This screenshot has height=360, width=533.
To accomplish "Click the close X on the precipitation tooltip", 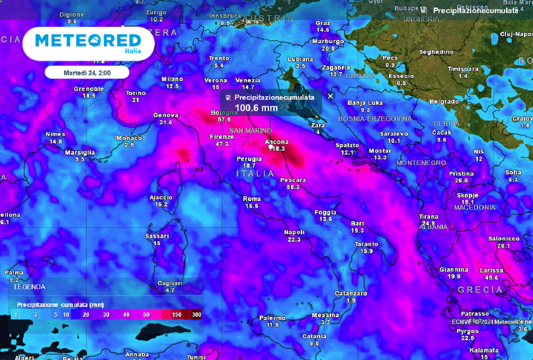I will click(x=331, y=96).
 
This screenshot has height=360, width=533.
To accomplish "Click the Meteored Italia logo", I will click(x=88, y=43).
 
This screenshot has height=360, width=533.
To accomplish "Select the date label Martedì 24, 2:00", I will click(x=87, y=72).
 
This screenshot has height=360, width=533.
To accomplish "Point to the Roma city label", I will click(x=252, y=199).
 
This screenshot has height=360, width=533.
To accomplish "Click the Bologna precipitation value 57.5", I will click(x=224, y=119).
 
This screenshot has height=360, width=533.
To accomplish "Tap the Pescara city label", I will click(x=293, y=180).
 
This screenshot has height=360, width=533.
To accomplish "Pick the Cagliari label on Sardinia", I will click(x=170, y=283).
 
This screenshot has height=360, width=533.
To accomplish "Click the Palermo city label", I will click(x=272, y=318).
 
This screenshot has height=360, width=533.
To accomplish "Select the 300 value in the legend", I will click(x=197, y=315).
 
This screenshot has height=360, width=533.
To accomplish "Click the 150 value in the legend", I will click(x=176, y=315).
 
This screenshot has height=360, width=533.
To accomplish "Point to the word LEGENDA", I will click(x=30, y=287).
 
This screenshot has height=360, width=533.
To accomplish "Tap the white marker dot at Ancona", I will click(x=271, y=147).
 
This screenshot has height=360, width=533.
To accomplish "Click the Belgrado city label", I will click(x=444, y=102).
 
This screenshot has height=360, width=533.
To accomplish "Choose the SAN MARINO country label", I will click(x=250, y=131).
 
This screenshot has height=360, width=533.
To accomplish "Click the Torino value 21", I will click(x=135, y=100).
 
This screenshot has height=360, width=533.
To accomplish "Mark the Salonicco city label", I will click(x=503, y=238).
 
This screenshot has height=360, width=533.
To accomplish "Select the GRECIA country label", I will click(x=480, y=289).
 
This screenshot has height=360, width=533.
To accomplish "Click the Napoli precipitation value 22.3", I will click(x=294, y=239).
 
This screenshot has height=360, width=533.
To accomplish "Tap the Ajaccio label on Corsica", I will click(x=161, y=197).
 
